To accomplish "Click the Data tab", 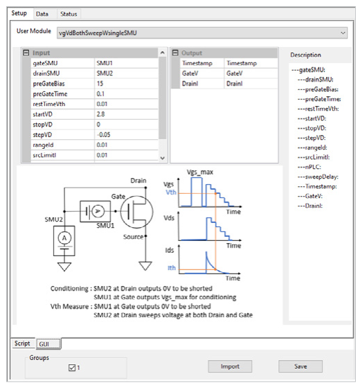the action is tap(42, 14).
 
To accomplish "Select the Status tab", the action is tap(69, 14).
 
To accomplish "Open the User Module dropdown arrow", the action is tap(343, 33).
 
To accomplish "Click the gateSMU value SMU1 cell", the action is tap(126, 63).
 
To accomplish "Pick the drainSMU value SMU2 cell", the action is tap(126, 73).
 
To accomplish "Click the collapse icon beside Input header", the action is tap(26, 53).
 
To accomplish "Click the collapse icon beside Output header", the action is tap(175, 53).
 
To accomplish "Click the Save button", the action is tap(300, 366).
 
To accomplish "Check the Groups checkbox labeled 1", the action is tap(72, 368).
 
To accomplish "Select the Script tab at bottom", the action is tap(22, 343).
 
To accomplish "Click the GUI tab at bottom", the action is tap(48, 343).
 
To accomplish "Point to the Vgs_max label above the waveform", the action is tap(199, 172).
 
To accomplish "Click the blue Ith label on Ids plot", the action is tap(172, 268).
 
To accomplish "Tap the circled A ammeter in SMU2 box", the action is tap(64, 238).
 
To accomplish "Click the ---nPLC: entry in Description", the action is tap(309, 167).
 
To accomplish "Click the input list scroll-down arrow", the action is tap(162, 158).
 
